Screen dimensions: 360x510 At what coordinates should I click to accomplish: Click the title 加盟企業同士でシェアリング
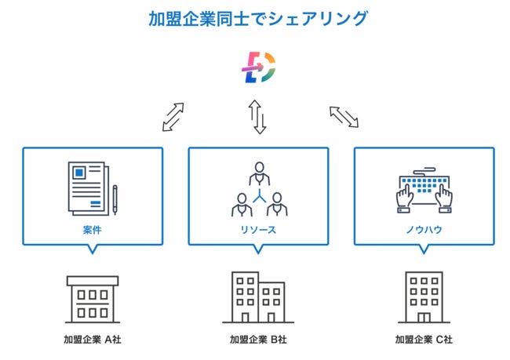point(257,18)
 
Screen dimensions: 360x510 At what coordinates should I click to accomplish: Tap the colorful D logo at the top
point(258,68)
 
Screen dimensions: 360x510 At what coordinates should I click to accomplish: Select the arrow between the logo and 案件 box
point(173,116)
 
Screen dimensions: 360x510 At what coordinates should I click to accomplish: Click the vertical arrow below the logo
point(258,117)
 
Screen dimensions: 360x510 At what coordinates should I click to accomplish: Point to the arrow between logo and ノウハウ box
point(343,116)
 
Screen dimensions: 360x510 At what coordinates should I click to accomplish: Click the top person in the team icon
point(259,173)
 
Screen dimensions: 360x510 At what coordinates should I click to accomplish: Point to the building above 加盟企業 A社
point(93,299)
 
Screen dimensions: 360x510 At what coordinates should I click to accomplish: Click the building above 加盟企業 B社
point(258,298)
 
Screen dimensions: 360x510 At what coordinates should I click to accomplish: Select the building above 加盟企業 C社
point(424,298)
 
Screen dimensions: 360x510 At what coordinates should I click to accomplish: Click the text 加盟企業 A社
point(93,340)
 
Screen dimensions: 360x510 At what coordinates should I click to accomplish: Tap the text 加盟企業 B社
point(258,340)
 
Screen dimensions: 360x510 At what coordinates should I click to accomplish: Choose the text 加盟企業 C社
point(424,340)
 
